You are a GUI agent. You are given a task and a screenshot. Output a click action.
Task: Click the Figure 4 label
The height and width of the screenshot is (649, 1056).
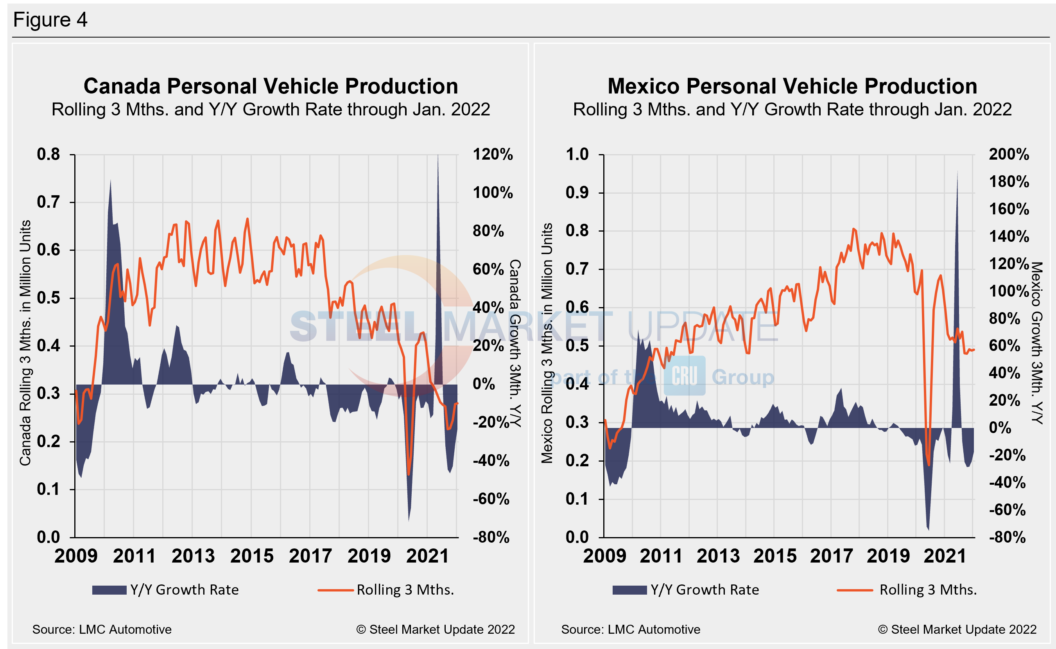pos(50,20)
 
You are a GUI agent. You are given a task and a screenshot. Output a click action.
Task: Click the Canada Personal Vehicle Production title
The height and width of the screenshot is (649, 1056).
pos(271,86)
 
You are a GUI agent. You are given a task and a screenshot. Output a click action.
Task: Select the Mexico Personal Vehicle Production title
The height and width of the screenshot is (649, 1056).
pos(792,86)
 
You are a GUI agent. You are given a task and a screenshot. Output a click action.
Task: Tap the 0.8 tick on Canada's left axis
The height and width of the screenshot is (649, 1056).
pos(48,155)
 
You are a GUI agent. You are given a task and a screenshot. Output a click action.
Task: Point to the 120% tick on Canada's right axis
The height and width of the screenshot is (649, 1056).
pos(492,155)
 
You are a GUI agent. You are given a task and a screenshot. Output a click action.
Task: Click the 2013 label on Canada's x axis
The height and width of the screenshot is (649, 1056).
pos(193,556)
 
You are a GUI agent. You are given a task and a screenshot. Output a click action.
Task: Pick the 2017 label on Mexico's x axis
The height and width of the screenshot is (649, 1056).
pos(831,556)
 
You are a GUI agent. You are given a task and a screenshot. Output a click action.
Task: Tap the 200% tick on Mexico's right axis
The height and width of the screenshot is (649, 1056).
pos(1009,155)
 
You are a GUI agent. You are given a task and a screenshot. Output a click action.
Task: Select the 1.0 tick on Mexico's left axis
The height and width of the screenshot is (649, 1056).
pos(577,155)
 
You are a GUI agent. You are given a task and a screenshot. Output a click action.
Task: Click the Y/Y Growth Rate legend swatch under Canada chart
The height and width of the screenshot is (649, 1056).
pos(109,590)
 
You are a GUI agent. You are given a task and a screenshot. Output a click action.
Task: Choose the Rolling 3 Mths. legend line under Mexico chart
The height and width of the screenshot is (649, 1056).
pos(854,590)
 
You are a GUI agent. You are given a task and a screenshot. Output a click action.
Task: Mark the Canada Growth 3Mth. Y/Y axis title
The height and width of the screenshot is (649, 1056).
pos(515,343)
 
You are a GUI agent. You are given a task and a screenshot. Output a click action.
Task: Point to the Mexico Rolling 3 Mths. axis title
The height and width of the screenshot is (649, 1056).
pos(547,343)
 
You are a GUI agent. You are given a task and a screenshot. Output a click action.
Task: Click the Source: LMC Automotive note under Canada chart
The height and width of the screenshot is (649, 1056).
pos(102,630)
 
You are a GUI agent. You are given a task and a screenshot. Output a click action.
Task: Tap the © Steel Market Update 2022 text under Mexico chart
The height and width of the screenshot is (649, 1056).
pos(957,630)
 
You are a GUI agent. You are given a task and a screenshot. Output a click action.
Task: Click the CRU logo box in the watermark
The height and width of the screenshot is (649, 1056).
pos(685,376)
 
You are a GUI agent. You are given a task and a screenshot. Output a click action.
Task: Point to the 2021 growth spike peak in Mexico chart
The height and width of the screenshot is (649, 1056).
pos(957,172)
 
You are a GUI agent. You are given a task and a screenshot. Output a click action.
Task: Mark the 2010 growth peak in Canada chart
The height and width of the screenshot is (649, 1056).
pos(111,181)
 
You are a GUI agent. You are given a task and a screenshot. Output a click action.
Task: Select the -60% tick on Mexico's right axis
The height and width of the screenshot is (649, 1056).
pos(1007,510)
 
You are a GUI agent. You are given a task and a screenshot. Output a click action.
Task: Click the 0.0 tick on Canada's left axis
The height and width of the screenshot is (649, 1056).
pos(48,538)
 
